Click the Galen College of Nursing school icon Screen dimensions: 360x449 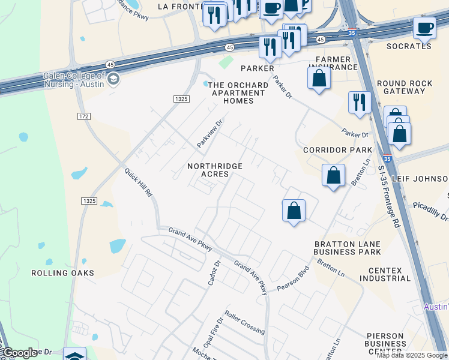[113, 79]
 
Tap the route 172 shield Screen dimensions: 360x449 [83, 115]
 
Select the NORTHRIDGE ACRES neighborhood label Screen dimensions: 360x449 [215, 170]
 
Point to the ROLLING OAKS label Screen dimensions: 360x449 [63, 273]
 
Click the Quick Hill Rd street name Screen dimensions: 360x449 [139, 183]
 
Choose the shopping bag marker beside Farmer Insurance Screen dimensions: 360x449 [319, 78]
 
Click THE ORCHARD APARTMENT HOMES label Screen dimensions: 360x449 [237, 93]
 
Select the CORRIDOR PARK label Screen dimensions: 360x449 [337, 150]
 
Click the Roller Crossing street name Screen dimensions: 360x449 [244, 322]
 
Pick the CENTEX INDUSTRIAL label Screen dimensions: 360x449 [385, 274]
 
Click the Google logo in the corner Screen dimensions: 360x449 [19, 353]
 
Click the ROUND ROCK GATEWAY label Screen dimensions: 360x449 [400, 88]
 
